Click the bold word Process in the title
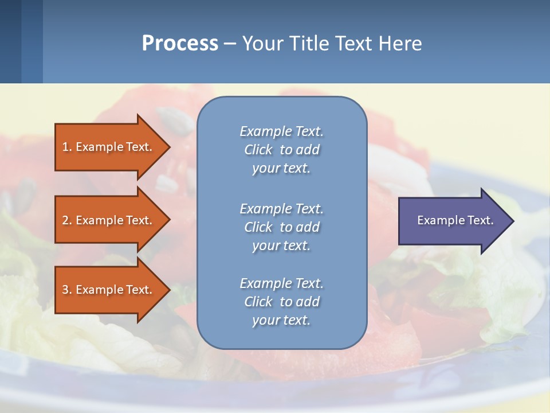pyautogui.click(x=180, y=44)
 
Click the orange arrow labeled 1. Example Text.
pyautogui.click(x=109, y=147)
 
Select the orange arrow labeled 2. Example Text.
pyautogui.click(x=109, y=220)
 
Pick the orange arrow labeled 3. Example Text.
pyautogui.click(x=109, y=290)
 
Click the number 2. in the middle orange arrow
pyautogui.click(x=67, y=220)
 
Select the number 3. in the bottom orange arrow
pyautogui.click(x=67, y=290)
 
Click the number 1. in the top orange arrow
pyautogui.click(x=66, y=147)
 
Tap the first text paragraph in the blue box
pyautogui.click(x=281, y=150)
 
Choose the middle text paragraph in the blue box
pyautogui.click(x=281, y=227)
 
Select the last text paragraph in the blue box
pyautogui.click(x=281, y=302)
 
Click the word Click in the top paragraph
pyautogui.click(x=258, y=150)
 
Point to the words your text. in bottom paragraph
pyautogui.click(x=281, y=320)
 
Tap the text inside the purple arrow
pyautogui.click(x=455, y=220)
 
